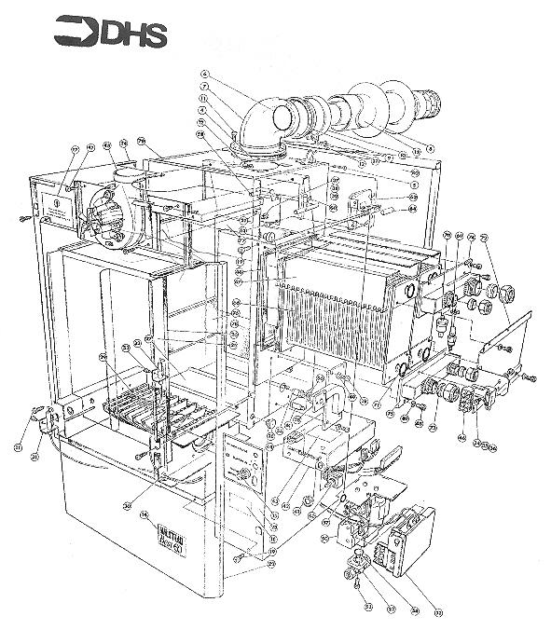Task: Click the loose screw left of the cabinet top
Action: (21, 218)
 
